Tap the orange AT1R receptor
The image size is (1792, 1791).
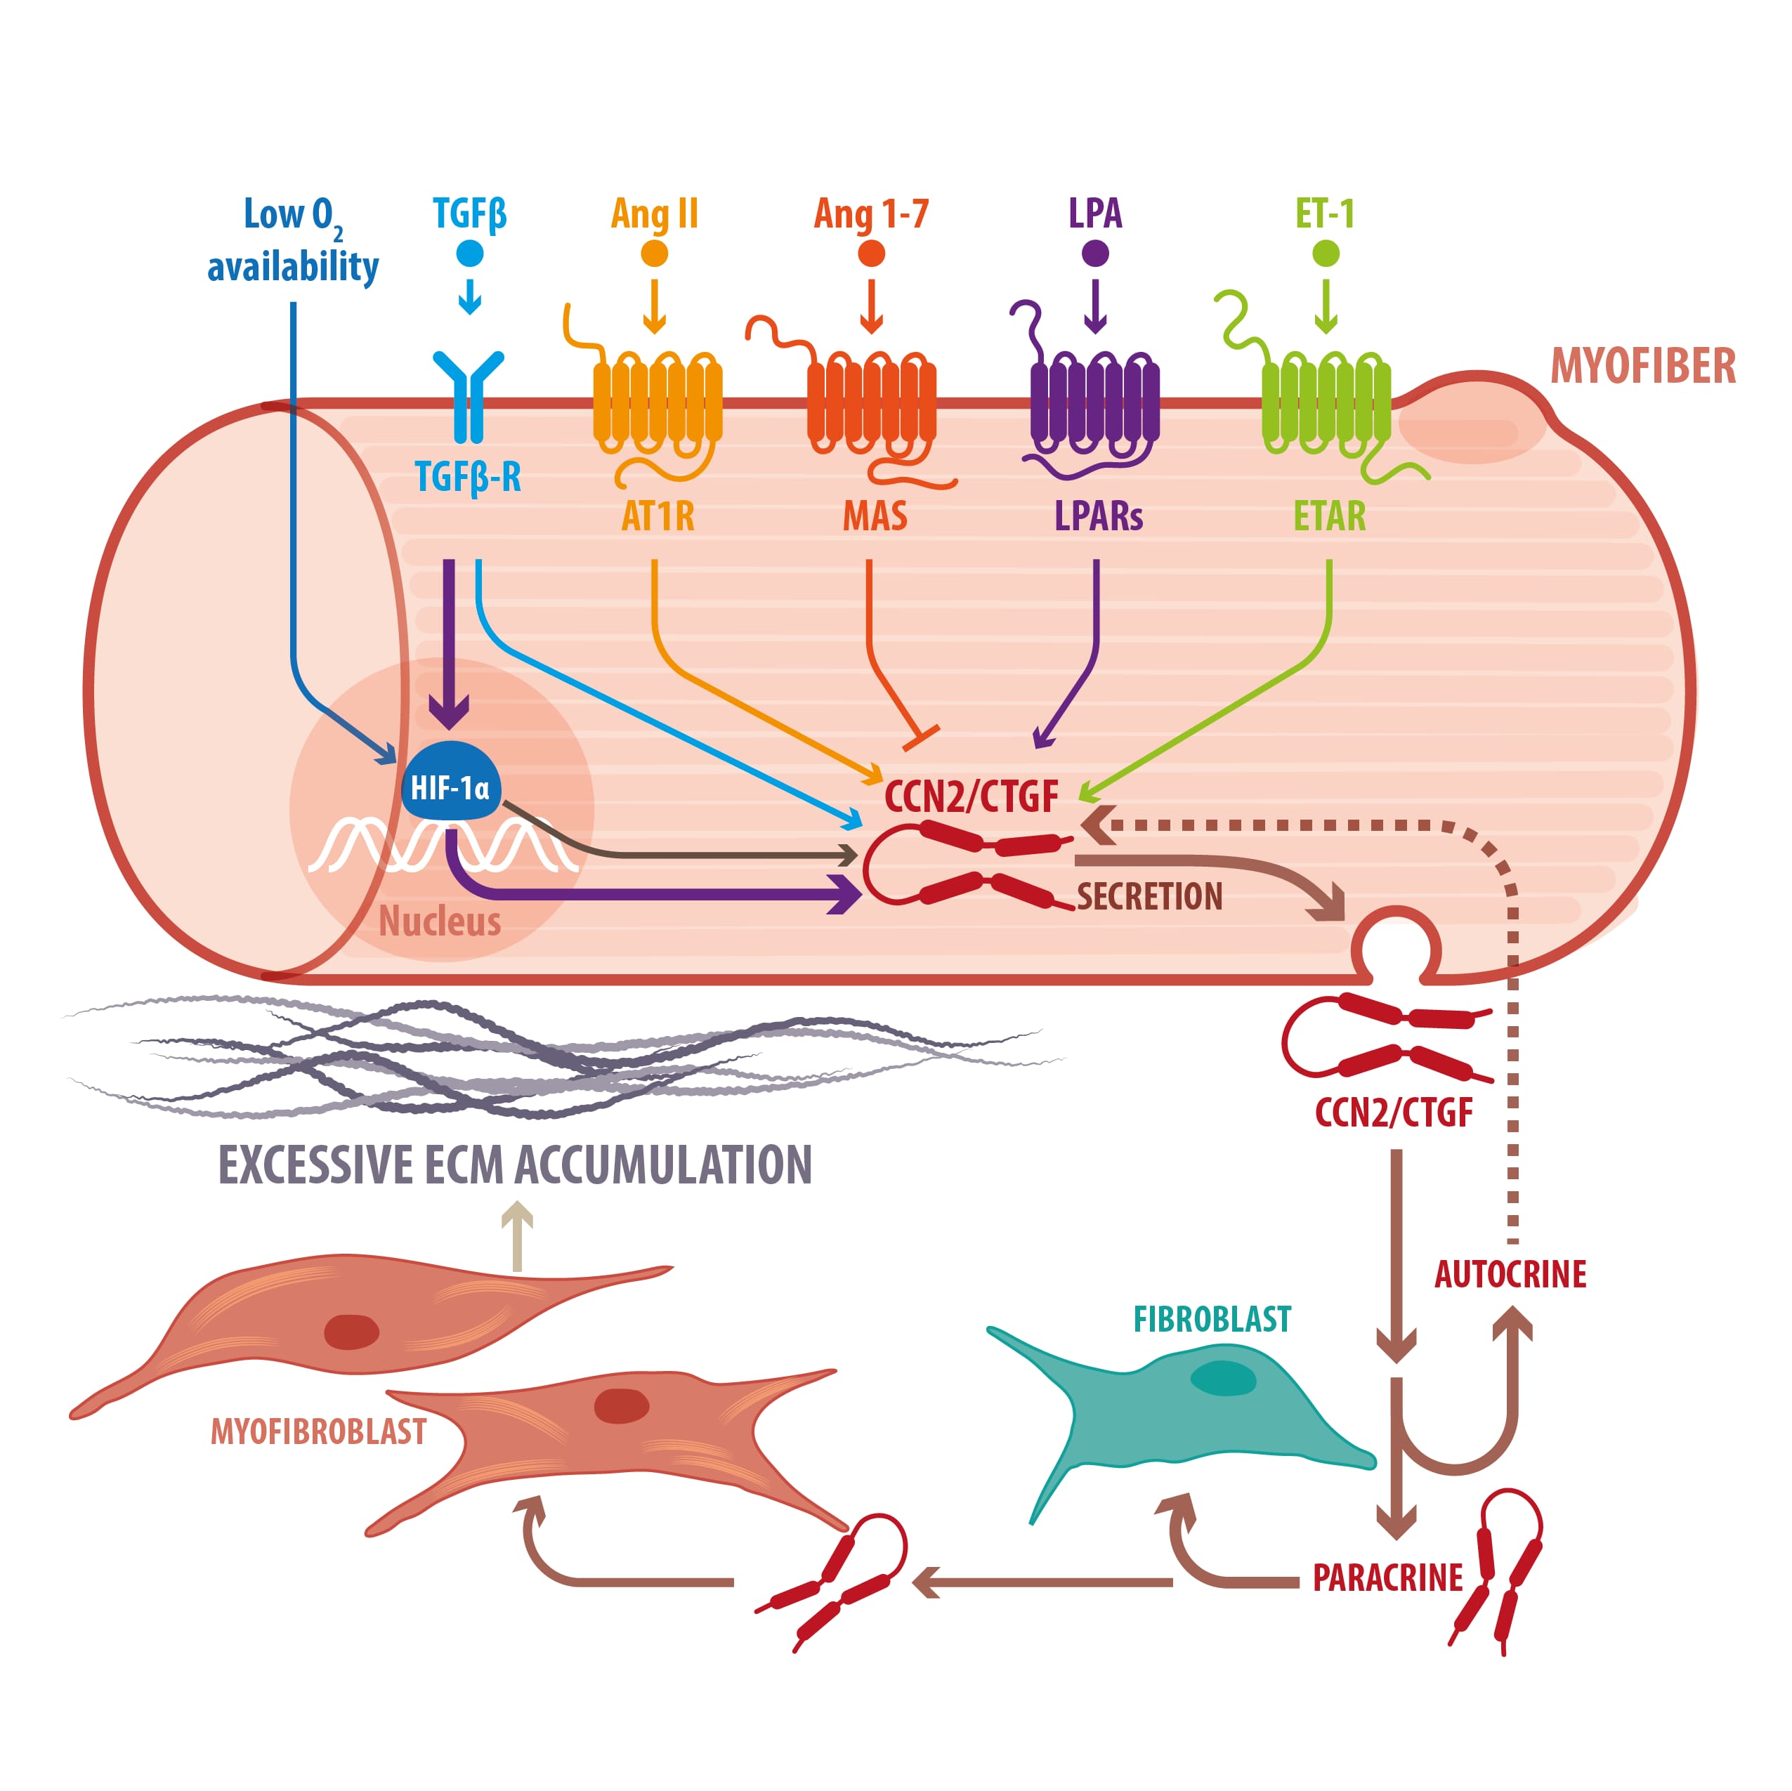[657, 400]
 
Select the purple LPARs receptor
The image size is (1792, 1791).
[1094, 400]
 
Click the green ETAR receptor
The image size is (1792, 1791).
[1326, 400]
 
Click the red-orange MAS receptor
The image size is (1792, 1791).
[871, 400]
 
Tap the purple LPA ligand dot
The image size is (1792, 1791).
[1095, 254]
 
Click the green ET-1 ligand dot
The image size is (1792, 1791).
[1326, 254]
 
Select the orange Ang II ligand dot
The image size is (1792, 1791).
[655, 254]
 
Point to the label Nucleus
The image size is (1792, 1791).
[440, 921]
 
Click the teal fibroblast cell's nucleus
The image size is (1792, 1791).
[1222, 1378]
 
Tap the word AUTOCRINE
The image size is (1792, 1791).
[1510, 1274]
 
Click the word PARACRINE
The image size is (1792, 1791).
[1387, 1577]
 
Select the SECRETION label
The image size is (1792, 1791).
[1149, 897]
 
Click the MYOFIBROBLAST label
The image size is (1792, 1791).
[318, 1432]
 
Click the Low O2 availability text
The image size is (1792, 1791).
[293, 240]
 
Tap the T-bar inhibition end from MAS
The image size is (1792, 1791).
[921, 738]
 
